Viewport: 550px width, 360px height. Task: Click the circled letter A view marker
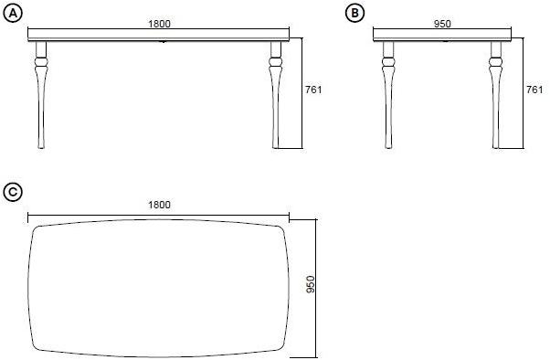(x=12, y=11)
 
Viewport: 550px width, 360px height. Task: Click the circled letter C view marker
(x=12, y=191)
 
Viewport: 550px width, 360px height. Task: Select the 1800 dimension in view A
(x=158, y=23)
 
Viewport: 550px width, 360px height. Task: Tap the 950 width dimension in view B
(x=441, y=23)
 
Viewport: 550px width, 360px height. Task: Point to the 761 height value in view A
(x=313, y=90)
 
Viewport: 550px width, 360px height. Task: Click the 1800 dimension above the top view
(x=158, y=205)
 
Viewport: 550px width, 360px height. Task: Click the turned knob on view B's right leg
(x=496, y=65)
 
